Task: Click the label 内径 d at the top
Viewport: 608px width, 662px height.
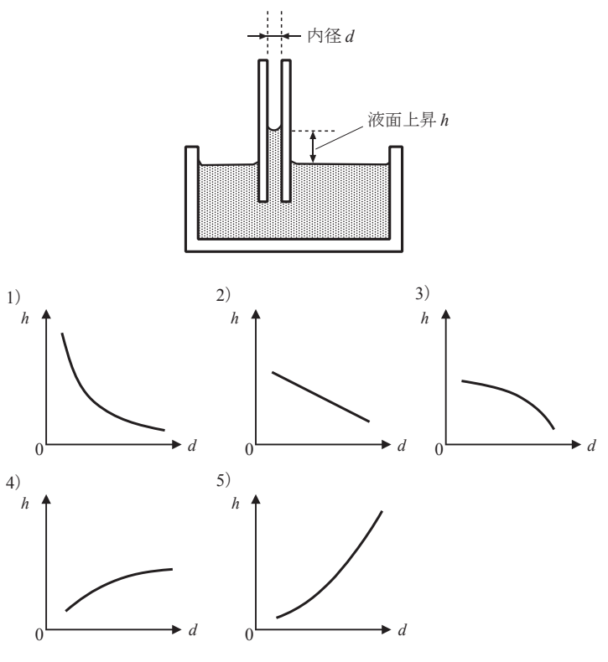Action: click(x=330, y=36)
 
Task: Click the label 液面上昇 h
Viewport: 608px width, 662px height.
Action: click(x=408, y=120)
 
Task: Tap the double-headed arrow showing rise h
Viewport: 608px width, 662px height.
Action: click(x=313, y=147)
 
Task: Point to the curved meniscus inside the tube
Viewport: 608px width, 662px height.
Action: click(x=274, y=127)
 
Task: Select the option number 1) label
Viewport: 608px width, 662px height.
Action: click(x=13, y=297)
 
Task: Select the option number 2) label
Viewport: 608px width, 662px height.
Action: click(x=223, y=295)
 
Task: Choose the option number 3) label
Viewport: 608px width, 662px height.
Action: click(x=422, y=293)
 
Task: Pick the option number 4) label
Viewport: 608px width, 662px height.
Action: click(x=13, y=482)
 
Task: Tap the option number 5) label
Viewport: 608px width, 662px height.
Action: click(x=223, y=480)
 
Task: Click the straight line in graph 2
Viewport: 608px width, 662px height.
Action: click(x=320, y=397)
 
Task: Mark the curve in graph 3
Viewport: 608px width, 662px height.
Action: click(x=515, y=394)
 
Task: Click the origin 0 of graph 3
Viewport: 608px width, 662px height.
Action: click(x=439, y=450)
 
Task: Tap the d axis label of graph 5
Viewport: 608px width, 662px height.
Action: click(x=403, y=630)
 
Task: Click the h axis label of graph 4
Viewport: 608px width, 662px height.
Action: click(x=25, y=504)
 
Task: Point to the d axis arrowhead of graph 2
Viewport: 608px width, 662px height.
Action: click(x=386, y=444)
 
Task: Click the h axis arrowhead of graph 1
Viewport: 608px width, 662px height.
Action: click(x=46, y=313)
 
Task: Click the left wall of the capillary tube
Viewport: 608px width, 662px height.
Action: click(x=262, y=131)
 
